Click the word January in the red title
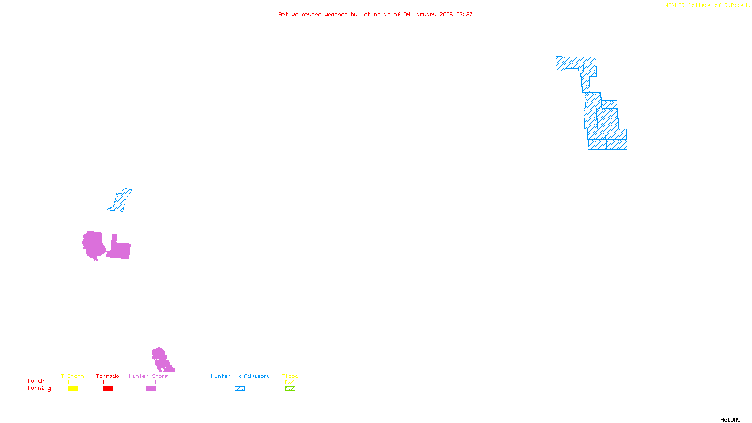(x=425, y=15)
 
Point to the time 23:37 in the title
(x=464, y=15)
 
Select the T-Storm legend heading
(x=72, y=376)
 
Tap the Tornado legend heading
(x=108, y=376)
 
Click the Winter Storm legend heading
(x=149, y=376)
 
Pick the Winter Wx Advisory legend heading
(x=241, y=376)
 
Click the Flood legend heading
(x=290, y=376)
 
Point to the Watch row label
(x=36, y=381)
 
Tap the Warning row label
(x=39, y=388)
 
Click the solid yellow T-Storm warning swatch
(x=73, y=389)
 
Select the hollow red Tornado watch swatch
(x=108, y=382)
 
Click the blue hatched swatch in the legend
(x=240, y=389)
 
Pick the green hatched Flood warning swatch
(x=290, y=389)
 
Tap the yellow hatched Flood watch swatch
(x=290, y=382)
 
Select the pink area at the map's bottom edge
(x=161, y=360)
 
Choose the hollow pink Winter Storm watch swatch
(x=150, y=382)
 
